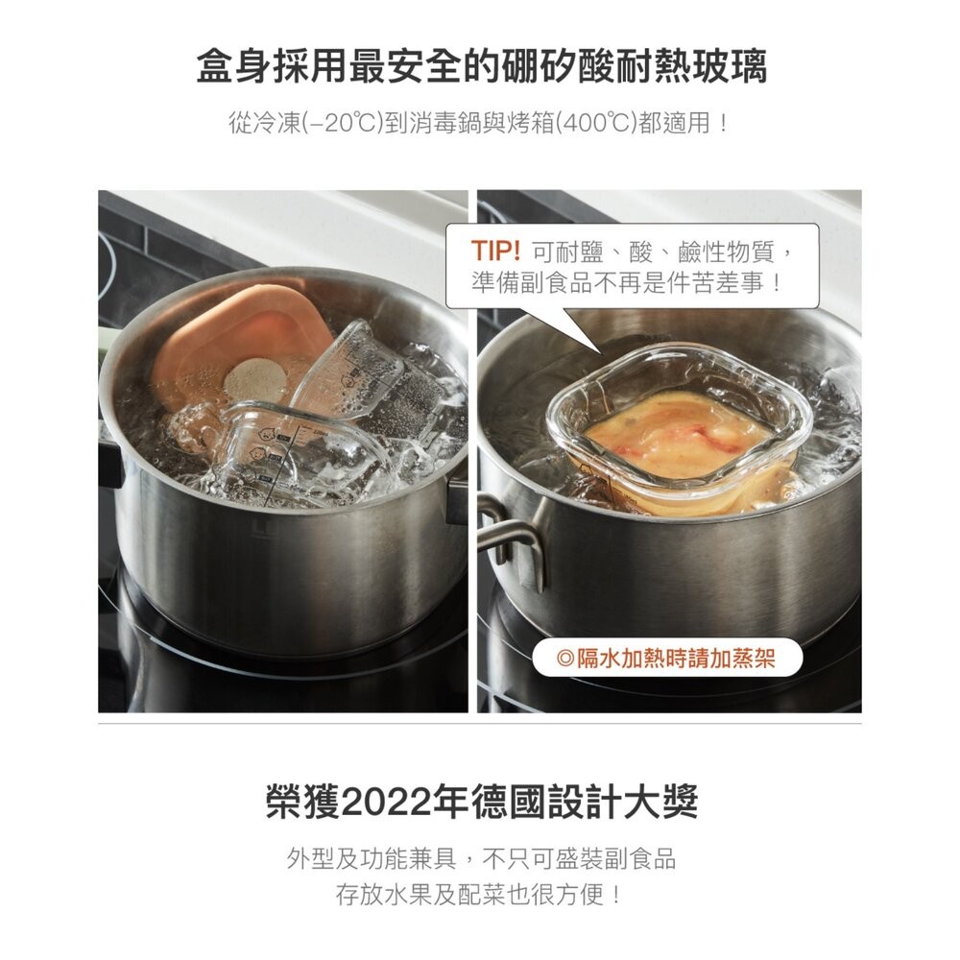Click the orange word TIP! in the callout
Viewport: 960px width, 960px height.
pos(495,252)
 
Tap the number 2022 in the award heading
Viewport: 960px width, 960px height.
pos(378,804)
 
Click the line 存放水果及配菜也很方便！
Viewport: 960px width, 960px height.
pos(480,895)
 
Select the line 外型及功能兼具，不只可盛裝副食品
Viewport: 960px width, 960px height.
pos(480,857)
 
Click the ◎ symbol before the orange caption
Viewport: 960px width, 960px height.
pos(564,659)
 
